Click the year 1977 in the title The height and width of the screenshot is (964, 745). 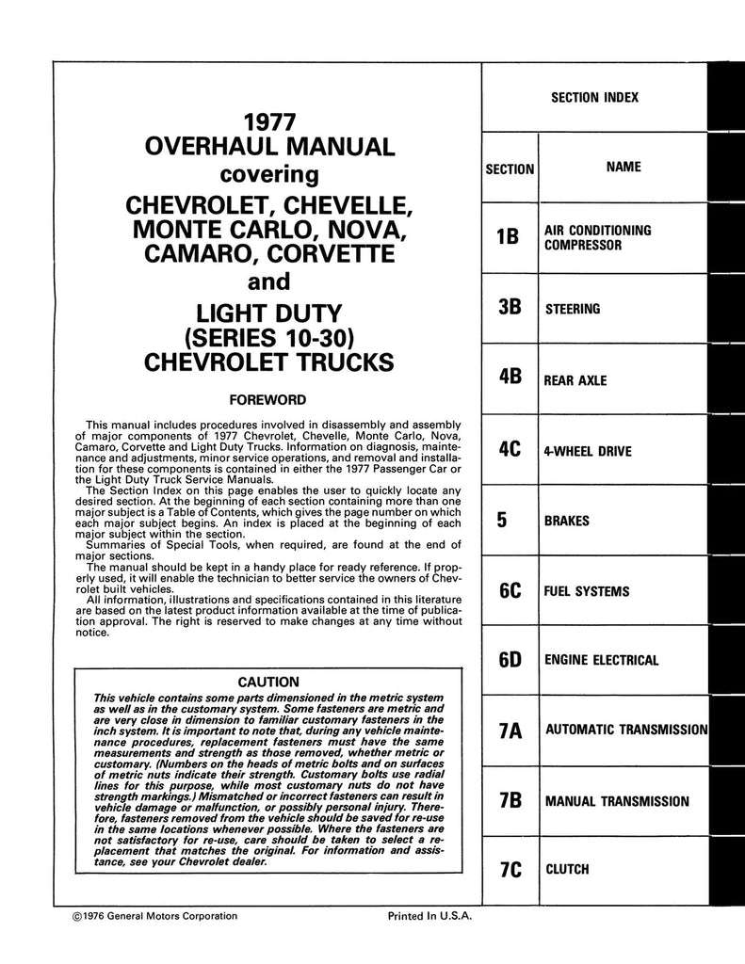pos(270,122)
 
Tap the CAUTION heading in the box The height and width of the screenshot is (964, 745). pos(268,682)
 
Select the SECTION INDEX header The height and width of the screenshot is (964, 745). pos(593,97)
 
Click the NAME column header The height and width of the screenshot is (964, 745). pos(624,167)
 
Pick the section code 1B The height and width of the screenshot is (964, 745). pos(508,237)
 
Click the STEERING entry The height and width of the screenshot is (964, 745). pos(573,309)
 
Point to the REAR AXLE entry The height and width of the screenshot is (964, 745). pos(575,381)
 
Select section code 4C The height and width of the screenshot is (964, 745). pos(510,449)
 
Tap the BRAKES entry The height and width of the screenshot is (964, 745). pos(567,521)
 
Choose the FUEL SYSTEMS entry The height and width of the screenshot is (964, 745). pos(588,592)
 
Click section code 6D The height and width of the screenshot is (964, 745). pos(510,661)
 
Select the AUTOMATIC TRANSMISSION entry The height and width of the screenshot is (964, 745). pos(626,730)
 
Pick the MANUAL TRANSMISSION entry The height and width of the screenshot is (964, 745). pos(617,802)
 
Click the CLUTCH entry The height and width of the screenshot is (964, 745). pos(567,870)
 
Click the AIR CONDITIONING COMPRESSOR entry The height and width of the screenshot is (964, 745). pos(597,237)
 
